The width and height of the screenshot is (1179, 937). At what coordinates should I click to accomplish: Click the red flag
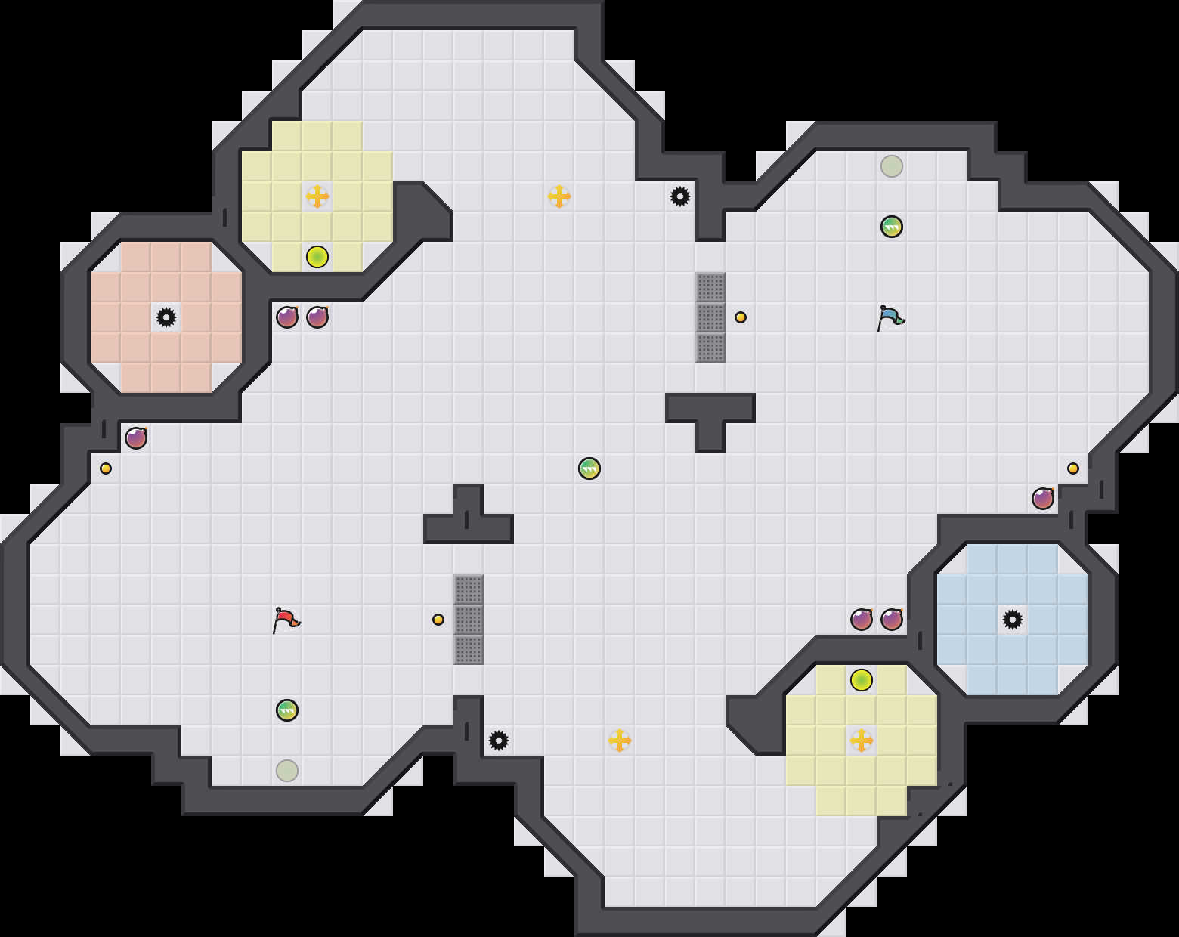tap(286, 620)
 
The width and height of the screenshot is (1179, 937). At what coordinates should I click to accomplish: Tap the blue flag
tap(890, 317)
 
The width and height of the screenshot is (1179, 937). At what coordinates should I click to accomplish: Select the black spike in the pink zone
tap(166, 317)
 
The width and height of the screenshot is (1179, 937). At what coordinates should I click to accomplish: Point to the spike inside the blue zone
tap(1013, 620)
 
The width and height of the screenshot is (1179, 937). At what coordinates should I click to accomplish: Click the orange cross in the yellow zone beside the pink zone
tap(317, 196)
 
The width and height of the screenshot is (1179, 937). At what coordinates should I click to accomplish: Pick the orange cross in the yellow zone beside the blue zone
tap(862, 741)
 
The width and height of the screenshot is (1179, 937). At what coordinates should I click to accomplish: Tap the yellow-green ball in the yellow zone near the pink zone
tap(317, 257)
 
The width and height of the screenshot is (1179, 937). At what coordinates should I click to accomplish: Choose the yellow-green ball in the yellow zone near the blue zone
tap(862, 680)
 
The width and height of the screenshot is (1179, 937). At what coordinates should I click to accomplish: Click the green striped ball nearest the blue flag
tap(892, 227)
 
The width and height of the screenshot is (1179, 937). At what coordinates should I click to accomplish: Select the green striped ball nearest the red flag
tap(287, 710)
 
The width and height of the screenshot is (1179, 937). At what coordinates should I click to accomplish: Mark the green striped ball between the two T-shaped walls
tap(589, 468)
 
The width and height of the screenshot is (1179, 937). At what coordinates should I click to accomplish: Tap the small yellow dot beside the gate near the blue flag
tap(741, 317)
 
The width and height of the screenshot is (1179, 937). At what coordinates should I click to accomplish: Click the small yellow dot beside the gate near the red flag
tap(438, 620)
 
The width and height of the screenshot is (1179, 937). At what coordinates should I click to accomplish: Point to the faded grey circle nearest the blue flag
tap(892, 166)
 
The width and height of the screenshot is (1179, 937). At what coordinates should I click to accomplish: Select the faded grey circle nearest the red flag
tap(287, 771)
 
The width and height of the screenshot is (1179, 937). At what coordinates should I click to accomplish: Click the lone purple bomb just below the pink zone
tap(136, 438)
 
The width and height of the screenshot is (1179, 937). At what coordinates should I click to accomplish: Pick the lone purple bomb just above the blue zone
tap(1043, 499)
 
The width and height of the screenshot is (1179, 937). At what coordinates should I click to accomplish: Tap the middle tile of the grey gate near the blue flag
tap(710, 317)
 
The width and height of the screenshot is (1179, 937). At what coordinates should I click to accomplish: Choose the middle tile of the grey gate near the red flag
tap(469, 620)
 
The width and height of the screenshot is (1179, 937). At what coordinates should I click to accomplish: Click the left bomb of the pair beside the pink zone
tap(287, 317)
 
